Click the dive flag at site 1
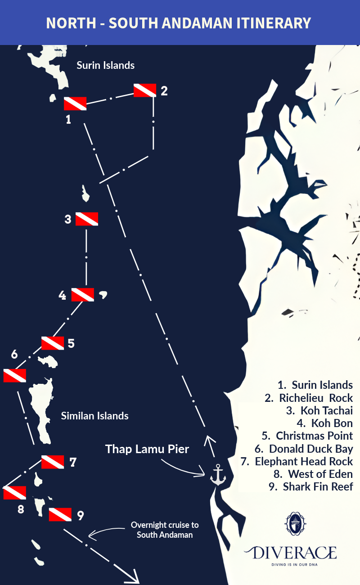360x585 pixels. point(75,104)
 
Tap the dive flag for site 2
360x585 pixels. point(145,90)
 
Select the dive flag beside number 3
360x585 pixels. point(86,219)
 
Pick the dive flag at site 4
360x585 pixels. point(83,295)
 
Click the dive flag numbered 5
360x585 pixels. point(52,343)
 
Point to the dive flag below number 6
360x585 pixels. point(14,375)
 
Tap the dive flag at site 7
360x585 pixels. point(52,462)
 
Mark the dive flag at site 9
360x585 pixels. point(60,514)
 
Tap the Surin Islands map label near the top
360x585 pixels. point(106,65)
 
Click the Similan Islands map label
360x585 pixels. point(95,416)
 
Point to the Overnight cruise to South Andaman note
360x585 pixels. point(165,530)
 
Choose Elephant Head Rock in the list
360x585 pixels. point(304,461)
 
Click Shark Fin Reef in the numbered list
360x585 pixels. point(318,486)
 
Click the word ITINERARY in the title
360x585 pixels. point(270,23)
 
